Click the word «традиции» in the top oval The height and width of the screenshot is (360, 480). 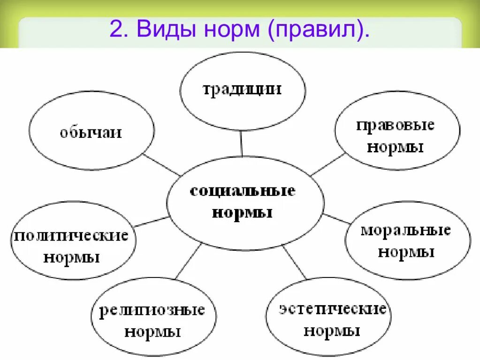point(242,89)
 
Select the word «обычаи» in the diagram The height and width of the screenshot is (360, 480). point(91,132)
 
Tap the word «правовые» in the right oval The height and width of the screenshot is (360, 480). point(395,125)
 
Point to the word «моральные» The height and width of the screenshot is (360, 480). point(406,230)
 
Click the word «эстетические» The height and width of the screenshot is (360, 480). point(333,309)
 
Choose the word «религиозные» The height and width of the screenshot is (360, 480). point(152,310)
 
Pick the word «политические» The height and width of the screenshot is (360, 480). point(71,235)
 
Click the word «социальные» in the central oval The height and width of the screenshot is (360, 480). point(243,191)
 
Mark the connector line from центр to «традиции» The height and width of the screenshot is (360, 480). point(241,143)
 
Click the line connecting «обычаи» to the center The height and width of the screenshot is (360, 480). point(161,164)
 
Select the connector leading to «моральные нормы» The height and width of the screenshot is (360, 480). point(336,218)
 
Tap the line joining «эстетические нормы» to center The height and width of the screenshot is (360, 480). point(295,262)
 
